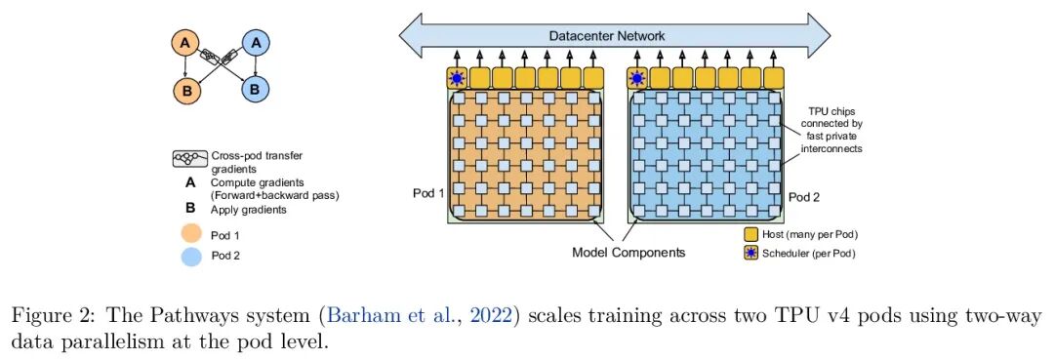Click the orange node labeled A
tap(185, 44)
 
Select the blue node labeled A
tap(256, 44)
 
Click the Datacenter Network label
tap(607, 35)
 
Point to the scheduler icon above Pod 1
tap(458, 78)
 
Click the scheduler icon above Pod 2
tap(637, 78)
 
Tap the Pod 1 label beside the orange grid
tap(428, 193)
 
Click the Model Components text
tap(628, 253)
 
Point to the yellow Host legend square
tap(750, 235)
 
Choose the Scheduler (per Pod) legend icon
tap(750, 254)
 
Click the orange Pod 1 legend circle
tap(191, 236)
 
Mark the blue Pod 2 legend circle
tap(191, 256)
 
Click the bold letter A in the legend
tap(191, 182)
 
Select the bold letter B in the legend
tap(191, 209)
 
